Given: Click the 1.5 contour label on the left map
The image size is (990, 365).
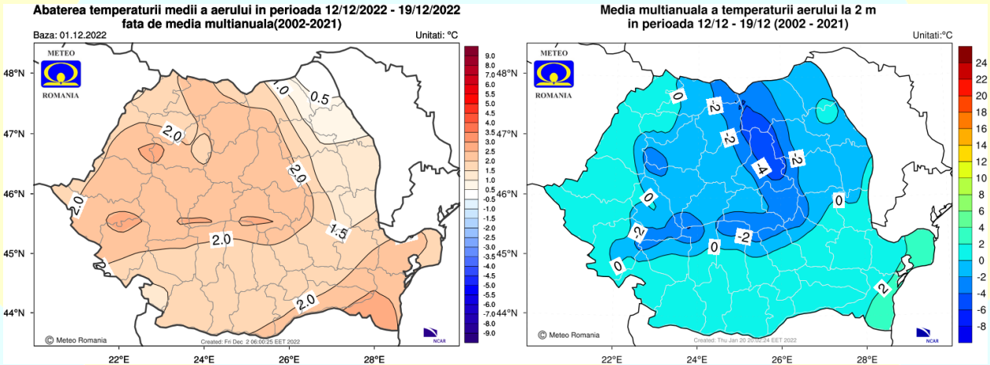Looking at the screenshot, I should click(338, 230).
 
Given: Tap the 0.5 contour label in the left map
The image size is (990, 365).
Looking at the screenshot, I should click(320, 98).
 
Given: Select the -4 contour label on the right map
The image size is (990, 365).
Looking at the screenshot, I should click(760, 168).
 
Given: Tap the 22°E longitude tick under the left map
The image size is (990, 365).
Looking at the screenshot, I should click(119, 360).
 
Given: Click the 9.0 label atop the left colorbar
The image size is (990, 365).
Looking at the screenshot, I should click(490, 56).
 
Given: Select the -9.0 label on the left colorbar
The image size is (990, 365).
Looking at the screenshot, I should click(490, 333).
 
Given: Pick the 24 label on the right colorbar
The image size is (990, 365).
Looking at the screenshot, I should click(981, 63).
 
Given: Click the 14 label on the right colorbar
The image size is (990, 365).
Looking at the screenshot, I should click(981, 144).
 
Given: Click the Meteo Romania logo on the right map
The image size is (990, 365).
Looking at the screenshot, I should click(553, 75).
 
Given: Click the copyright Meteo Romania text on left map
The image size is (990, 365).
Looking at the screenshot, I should click(75, 340).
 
